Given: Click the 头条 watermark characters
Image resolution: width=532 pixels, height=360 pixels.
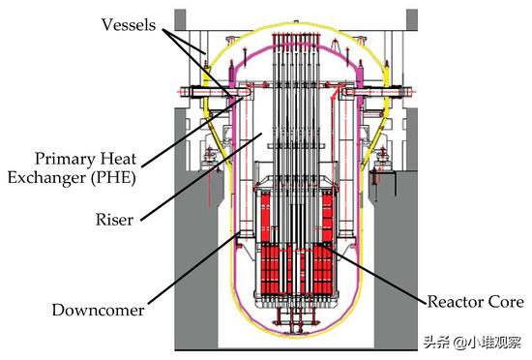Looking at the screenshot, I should point(452,341).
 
